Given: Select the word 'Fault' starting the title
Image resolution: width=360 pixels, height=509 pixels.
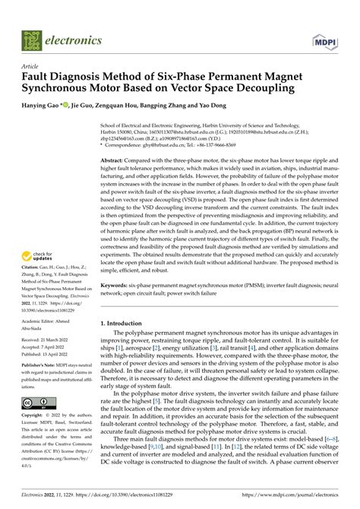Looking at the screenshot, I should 36,77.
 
